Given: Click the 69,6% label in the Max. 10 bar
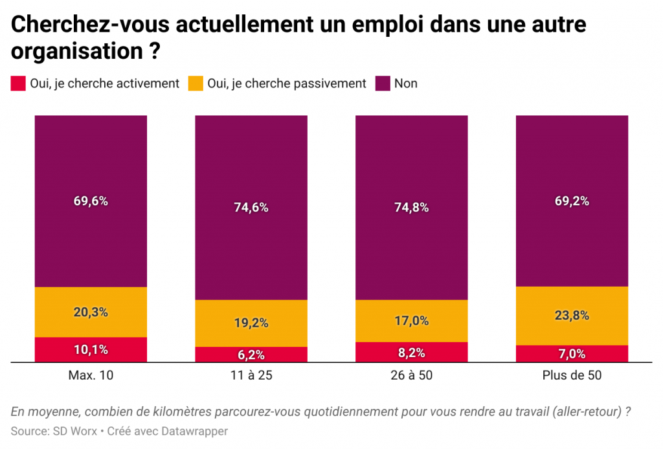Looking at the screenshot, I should (x=91, y=201).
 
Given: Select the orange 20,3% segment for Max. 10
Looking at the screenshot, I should (x=91, y=312).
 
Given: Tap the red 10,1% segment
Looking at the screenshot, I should (x=91, y=350).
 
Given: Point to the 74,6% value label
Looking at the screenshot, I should (x=251, y=208).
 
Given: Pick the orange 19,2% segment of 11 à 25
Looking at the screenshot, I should (x=251, y=323).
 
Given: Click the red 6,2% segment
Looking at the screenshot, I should (x=251, y=355).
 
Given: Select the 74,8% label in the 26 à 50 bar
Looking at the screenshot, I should (x=412, y=208).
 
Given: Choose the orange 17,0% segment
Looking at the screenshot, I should (x=412, y=320).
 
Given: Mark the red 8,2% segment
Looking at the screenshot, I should (x=412, y=353).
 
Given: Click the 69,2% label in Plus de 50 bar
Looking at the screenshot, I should (x=572, y=201).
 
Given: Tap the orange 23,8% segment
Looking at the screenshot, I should (x=572, y=316).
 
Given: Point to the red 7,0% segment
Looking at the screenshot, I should (x=572, y=354).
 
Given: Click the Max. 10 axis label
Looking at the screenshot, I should (x=91, y=376).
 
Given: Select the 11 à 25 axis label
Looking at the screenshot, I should (x=251, y=376).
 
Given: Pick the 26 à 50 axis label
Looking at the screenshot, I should (x=412, y=376).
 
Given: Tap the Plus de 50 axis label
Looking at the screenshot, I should (x=572, y=376).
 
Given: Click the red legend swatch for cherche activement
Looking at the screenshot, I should (x=18, y=83).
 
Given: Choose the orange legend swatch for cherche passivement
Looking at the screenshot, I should (x=195, y=83).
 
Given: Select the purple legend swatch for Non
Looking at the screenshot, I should (x=383, y=83).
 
